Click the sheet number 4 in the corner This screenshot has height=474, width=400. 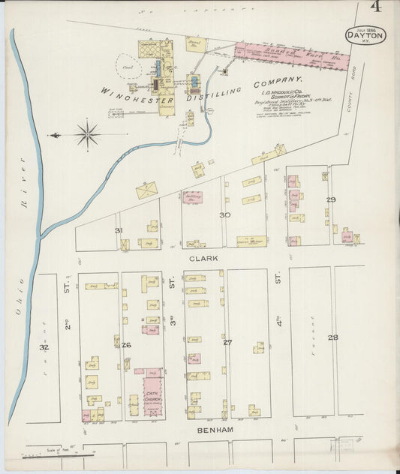click(374, 8)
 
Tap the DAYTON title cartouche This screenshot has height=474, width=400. click(365, 34)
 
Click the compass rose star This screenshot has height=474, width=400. click(88, 135)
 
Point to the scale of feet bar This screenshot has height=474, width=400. click(61, 452)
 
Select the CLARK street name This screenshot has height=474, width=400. click(203, 257)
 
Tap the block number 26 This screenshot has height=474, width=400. click(126, 345)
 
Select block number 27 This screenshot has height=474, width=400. click(227, 341)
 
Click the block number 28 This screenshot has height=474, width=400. click(332, 338)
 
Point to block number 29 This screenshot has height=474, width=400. click(330, 199)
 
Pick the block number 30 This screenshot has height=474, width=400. click(224, 215)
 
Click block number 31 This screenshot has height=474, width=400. click(119, 229)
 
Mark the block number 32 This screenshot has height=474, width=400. click(44, 347)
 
